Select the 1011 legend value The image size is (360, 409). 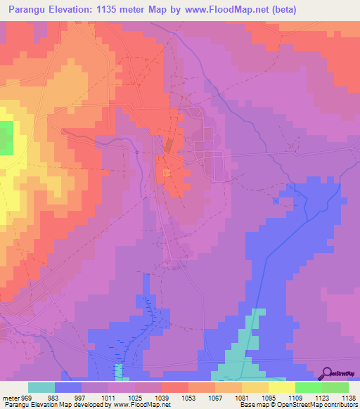coord(109,397)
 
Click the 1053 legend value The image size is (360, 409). coord(188,397)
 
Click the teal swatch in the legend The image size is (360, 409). coord(41,387)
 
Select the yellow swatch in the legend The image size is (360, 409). coord(282,387)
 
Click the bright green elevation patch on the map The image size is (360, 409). coord(6,138)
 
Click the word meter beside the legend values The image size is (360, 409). coord(9,397)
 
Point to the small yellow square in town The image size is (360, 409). coord(166,173)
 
